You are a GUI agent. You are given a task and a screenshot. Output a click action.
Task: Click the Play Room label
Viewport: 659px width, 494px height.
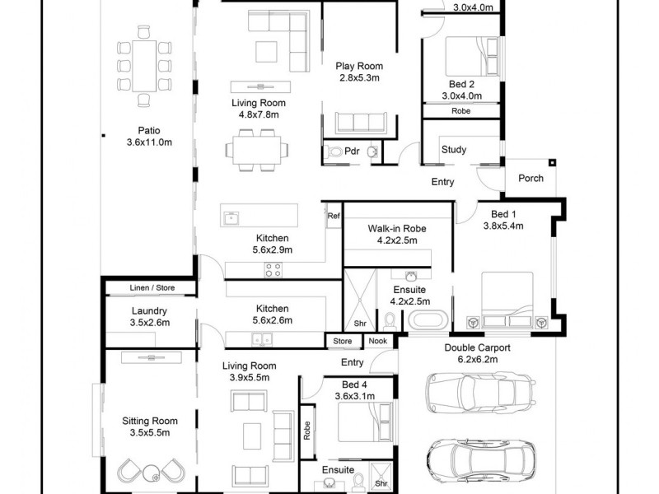point(358,66)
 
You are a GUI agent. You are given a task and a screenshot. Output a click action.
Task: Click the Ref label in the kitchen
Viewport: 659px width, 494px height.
point(333,217)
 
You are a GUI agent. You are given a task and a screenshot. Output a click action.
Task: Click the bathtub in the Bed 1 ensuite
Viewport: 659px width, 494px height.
point(423,320)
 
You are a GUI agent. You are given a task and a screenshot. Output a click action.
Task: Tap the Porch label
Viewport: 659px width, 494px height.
point(530,178)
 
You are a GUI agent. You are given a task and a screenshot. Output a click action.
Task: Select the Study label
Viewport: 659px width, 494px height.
point(454,150)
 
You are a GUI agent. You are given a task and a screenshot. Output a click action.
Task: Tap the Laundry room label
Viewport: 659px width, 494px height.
point(149,310)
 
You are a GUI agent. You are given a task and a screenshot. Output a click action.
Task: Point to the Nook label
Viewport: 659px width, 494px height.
point(377,341)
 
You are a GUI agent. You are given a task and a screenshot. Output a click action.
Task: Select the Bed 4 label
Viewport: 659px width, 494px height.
point(357,383)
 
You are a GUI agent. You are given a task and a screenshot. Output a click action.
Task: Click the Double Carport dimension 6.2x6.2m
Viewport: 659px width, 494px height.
point(477,360)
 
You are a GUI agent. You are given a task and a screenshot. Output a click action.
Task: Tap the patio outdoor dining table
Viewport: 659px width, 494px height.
point(145,66)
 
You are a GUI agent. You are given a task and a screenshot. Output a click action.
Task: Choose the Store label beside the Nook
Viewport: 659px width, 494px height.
point(343,341)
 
